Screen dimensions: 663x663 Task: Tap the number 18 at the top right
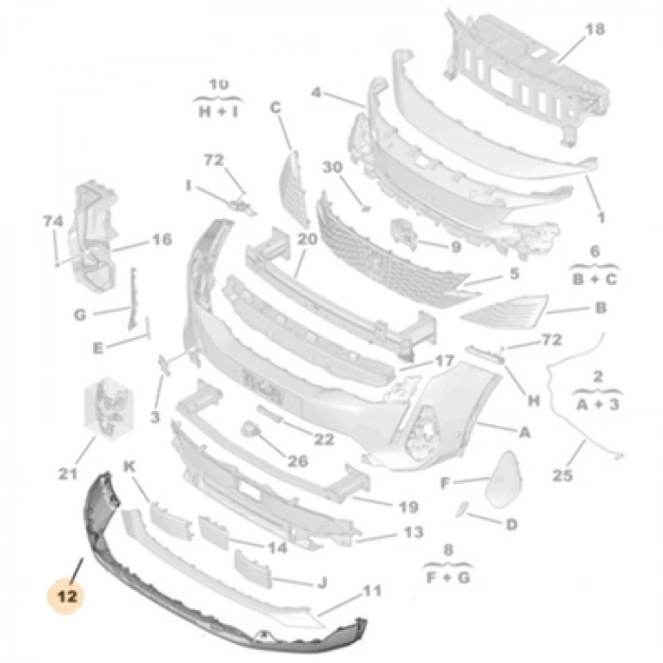tap(594, 29)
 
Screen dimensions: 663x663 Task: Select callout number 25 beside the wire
tap(563, 475)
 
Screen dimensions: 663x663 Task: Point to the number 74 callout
tap(53, 222)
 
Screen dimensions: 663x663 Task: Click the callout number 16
tap(162, 240)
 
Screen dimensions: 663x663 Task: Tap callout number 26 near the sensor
tap(298, 462)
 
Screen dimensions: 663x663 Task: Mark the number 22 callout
tap(324, 439)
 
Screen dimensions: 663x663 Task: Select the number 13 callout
tap(412, 532)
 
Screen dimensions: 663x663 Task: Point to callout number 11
tap(371, 591)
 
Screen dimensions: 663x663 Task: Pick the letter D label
tap(511, 524)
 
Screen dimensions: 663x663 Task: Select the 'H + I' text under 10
tap(219, 110)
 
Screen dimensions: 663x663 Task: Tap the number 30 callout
tap(331, 167)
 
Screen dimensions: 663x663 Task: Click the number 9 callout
tap(455, 247)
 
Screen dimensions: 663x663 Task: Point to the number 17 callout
tap(444, 361)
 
